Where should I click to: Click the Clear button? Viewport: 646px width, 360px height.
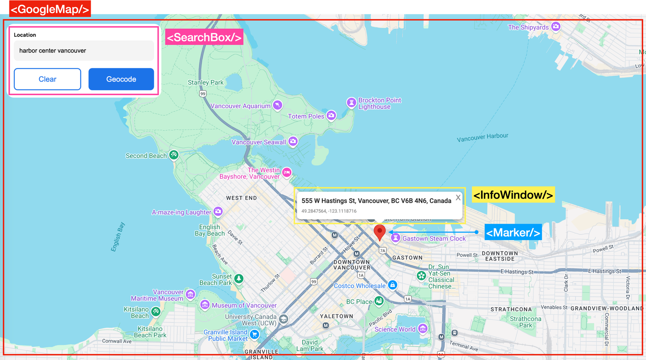[x=47, y=79]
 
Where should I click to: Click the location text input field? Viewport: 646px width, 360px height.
[x=84, y=50]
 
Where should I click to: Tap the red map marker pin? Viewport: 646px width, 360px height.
[x=380, y=232]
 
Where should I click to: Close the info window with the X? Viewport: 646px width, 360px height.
[x=458, y=198]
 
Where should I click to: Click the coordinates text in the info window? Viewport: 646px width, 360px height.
[x=329, y=211]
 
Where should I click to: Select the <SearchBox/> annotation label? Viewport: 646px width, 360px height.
[x=204, y=37]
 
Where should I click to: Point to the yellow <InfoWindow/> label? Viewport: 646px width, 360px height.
[x=513, y=195]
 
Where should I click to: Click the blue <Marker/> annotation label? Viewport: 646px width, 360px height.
[x=513, y=232]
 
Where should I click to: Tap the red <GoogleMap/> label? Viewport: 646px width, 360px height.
[x=50, y=9]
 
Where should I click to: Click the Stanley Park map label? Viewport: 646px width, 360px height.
[x=206, y=82]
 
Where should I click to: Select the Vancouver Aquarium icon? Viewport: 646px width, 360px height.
[x=277, y=105]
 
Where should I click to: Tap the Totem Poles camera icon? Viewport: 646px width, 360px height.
[x=331, y=116]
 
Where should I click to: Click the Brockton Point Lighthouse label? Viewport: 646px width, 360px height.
[x=380, y=103]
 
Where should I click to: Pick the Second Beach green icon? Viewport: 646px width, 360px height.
[x=174, y=155]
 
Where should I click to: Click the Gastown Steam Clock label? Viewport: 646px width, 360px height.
[x=434, y=239]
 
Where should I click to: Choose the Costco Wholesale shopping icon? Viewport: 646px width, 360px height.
[x=392, y=285]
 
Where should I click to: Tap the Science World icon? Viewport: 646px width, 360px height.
[x=423, y=329]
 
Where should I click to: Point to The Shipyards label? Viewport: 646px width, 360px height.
[x=528, y=27]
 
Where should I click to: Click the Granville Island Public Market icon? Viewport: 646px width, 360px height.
[x=254, y=334]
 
